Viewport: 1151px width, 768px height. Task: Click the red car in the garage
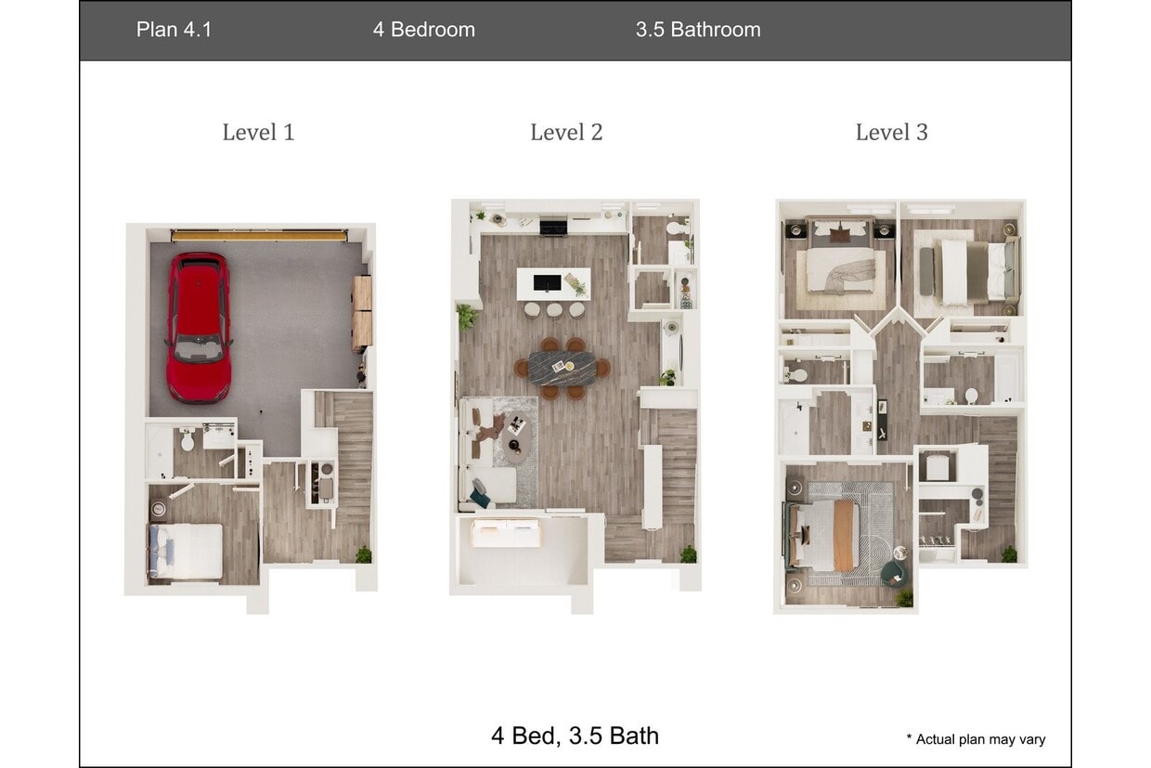pos(199,326)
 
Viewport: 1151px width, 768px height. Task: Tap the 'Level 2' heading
pos(566,133)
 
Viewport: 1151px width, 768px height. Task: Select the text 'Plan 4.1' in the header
pos(174,30)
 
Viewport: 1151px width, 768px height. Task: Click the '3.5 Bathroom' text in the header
pos(698,30)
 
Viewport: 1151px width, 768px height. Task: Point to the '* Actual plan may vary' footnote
pos(976,739)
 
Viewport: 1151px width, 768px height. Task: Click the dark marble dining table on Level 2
pos(563,368)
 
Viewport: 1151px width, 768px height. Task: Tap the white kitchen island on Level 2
pos(553,283)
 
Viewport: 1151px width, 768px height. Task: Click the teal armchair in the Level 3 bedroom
pos(893,572)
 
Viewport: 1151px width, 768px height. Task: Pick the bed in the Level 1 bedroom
pos(186,552)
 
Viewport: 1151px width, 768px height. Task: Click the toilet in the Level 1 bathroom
pos(188,437)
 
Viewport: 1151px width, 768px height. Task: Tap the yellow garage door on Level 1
pos(259,236)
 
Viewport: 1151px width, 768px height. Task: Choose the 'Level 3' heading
pos(891,133)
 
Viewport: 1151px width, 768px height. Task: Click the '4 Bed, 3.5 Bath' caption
pos(575,735)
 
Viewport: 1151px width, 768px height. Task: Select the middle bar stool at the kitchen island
pos(555,310)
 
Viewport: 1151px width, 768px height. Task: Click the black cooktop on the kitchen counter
pos(553,226)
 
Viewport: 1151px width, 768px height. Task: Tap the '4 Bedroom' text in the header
pos(424,30)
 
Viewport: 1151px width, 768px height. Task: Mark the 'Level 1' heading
pos(258,133)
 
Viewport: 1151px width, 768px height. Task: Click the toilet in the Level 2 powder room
pos(674,228)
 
